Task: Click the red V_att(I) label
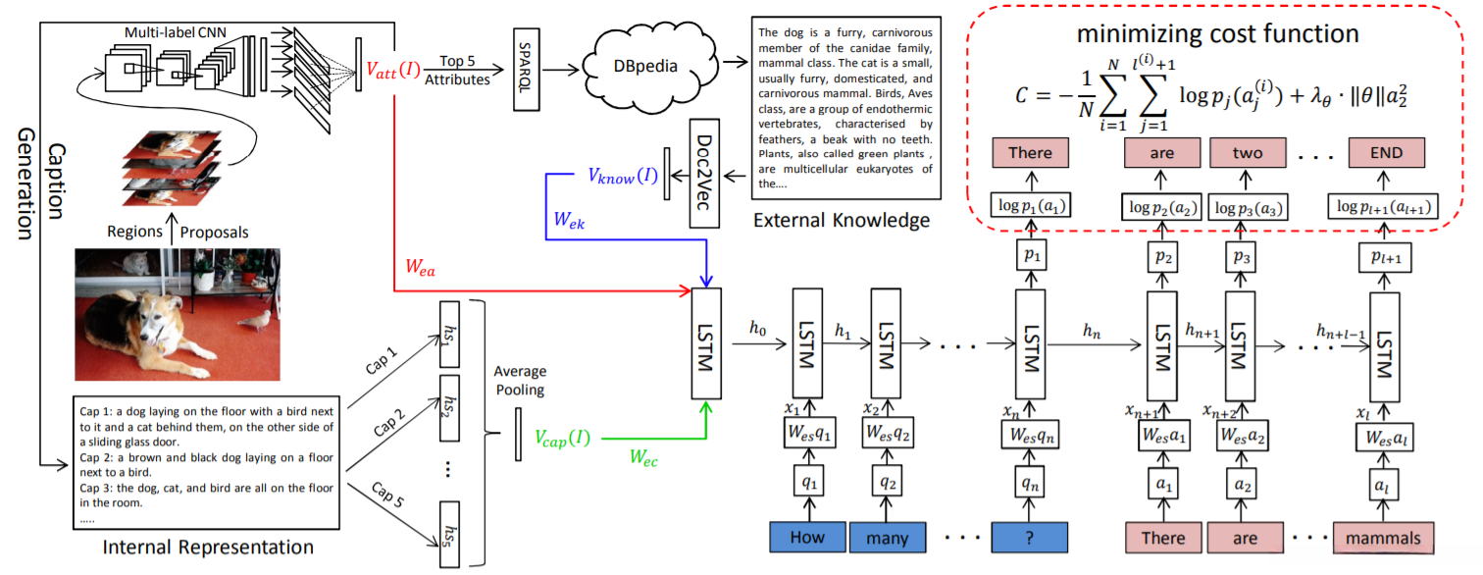(393, 71)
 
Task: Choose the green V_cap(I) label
(563, 438)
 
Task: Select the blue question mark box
(1028, 538)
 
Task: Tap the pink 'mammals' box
(1383, 538)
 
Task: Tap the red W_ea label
(422, 267)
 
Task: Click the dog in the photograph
(157, 324)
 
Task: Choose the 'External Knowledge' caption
(842, 221)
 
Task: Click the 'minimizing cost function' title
(1217, 33)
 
